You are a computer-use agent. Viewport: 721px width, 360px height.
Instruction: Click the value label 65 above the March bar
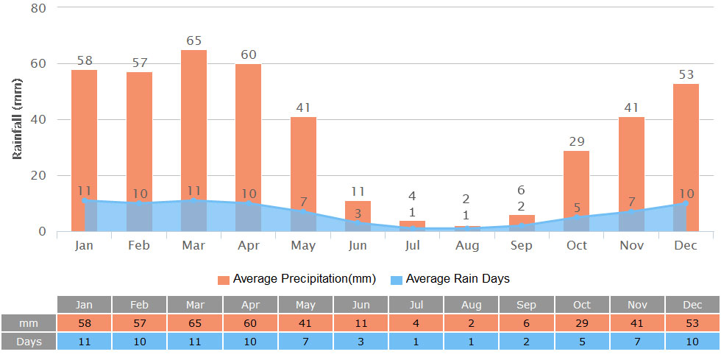coord(193,41)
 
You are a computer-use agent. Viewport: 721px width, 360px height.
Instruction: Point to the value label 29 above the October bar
coord(576,141)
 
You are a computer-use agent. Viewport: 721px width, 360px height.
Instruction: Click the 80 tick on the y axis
coord(38,8)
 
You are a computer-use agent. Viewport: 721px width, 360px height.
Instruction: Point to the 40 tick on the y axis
coord(38,119)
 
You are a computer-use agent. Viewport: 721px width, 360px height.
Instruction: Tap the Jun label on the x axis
coord(358,245)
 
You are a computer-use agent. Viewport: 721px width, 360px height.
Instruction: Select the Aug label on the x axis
coord(467,245)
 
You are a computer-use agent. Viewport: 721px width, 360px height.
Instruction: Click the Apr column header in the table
coord(250,305)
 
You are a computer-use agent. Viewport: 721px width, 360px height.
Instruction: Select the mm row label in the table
coord(29,323)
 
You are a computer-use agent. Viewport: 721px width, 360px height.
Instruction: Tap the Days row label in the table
coord(29,342)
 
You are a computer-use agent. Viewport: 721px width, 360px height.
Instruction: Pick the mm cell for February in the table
coord(139,323)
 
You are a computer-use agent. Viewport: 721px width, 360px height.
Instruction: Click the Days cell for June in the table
coord(360,342)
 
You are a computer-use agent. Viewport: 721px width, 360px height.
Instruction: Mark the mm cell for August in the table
coord(472,323)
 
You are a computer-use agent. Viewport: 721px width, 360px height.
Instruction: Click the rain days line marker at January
coord(85,200)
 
